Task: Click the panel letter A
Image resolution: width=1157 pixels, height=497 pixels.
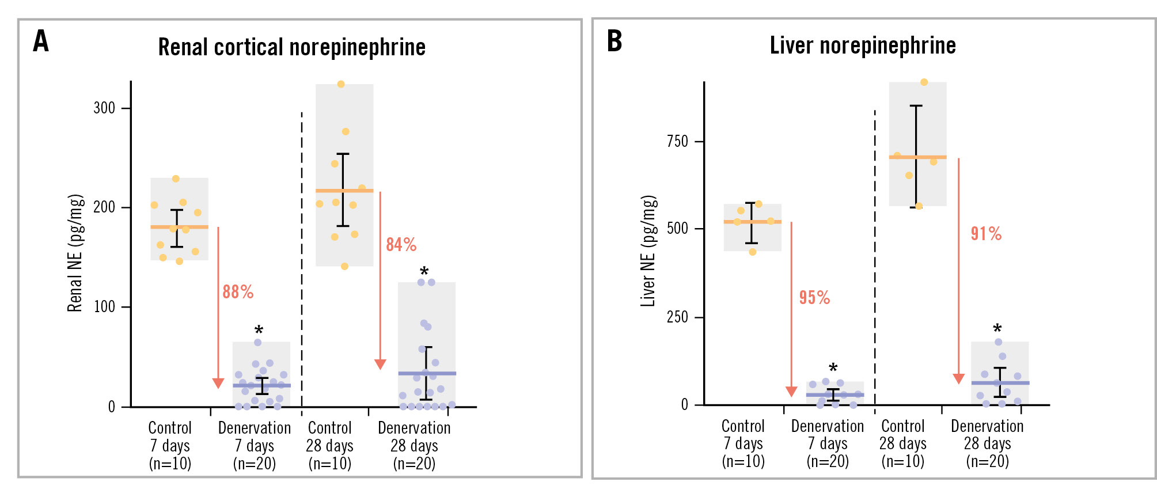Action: pos(41,41)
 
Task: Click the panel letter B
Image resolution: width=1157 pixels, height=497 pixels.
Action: pos(614,41)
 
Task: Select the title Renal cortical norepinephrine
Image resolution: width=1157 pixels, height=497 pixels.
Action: pos(291,47)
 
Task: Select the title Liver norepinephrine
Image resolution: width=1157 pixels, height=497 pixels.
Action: pos(862,45)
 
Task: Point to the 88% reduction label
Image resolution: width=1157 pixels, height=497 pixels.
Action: pos(238,292)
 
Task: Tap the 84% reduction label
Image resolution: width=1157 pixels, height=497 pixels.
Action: pos(401,245)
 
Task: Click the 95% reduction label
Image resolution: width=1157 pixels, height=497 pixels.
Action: pos(814,298)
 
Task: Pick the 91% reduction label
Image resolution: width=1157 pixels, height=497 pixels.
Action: pos(986,234)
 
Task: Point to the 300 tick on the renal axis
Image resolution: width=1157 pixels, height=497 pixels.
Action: pos(105,108)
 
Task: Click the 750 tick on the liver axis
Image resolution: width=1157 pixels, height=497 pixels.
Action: pos(677,142)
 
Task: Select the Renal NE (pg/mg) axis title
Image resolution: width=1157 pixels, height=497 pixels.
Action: pos(75,253)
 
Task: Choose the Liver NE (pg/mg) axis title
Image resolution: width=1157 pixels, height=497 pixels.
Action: pos(648,251)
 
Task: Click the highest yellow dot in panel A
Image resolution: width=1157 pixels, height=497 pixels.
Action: pos(341,84)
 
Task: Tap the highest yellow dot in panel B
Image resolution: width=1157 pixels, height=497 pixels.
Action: pos(924,82)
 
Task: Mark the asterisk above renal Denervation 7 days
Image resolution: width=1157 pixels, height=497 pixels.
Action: pos(259,331)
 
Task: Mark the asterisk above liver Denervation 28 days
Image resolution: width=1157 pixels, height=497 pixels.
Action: pos(997,329)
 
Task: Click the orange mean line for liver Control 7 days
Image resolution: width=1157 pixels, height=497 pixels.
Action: pos(752,222)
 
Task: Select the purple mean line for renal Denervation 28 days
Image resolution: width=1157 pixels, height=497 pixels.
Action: pos(427,374)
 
